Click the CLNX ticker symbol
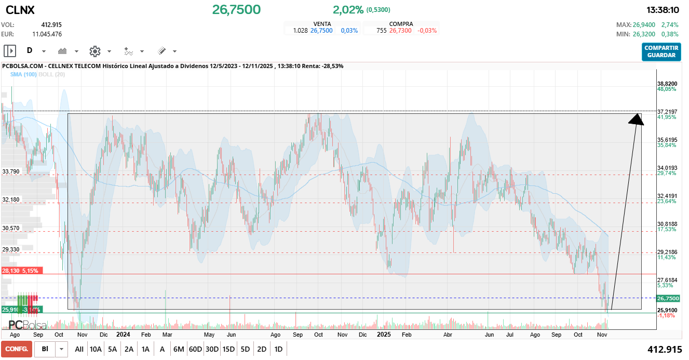click(20, 10)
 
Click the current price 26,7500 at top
click(236, 10)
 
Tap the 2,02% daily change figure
click(348, 10)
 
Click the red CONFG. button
click(16, 349)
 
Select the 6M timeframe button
click(179, 349)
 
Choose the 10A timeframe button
click(96, 349)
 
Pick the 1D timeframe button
click(278, 349)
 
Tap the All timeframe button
click(79, 349)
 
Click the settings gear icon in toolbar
click(94, 51)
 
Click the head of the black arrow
click(637, 120)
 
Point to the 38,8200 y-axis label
click(667, 84)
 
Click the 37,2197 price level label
click(667, 112)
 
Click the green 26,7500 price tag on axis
click(668, 298)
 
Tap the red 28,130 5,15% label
click(19, 271)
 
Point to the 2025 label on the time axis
click(383, 335)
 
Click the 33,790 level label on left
click(11, 171)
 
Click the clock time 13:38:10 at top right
click(663, 10)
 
